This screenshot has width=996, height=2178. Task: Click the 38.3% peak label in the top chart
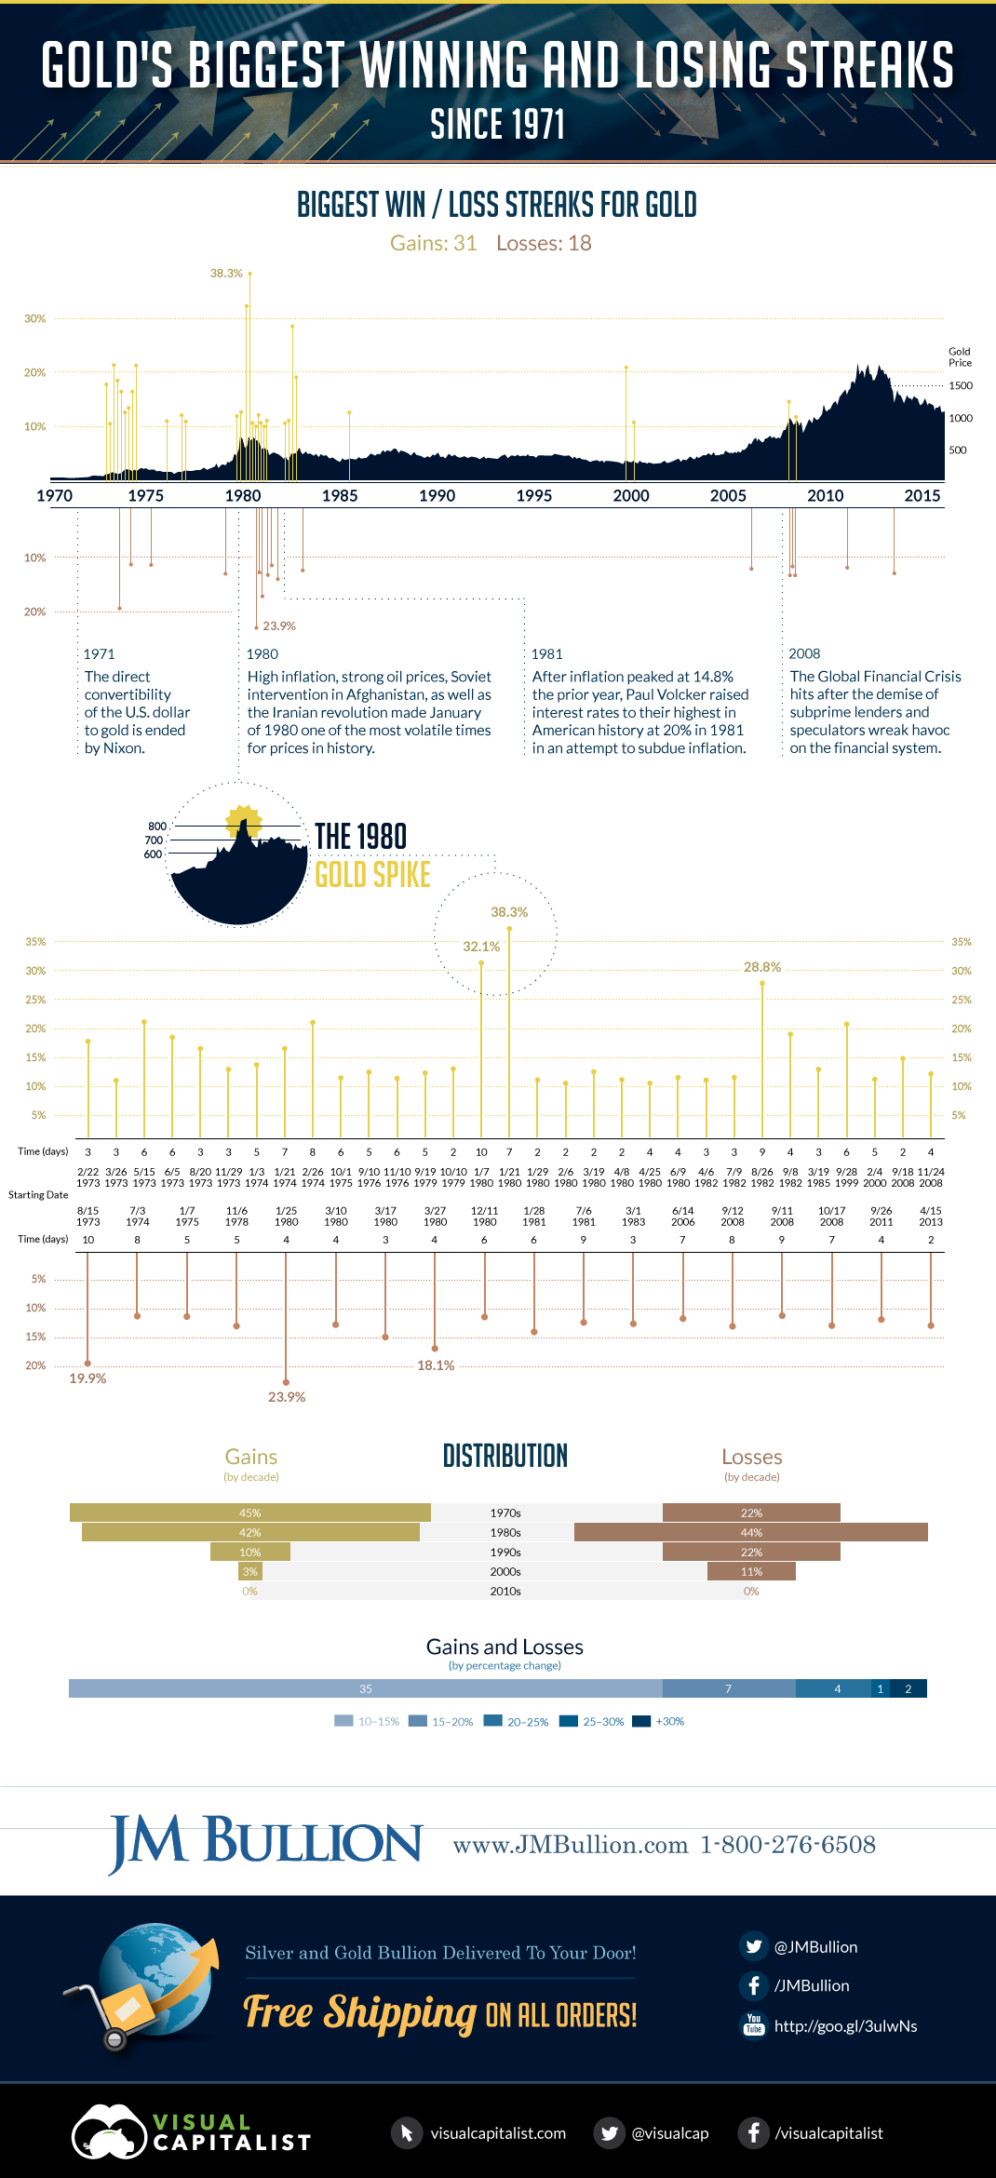coord(226,274)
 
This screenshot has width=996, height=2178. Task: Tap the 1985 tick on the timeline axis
coord(340,496)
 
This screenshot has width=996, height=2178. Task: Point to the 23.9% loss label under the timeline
coord(279,626)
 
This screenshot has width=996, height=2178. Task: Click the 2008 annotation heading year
coord(804,653)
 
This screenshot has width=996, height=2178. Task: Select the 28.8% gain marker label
coord(762,967)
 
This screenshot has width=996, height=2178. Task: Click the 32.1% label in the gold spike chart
coord(481,947)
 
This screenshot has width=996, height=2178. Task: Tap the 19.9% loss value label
coord(87,1378)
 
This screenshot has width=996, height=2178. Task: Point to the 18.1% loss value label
coord(436,1365)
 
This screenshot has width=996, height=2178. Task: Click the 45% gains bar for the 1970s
coord(249,1512)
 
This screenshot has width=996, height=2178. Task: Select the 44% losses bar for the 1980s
coord(751,1532)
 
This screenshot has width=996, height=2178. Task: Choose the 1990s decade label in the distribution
coord(505,1552)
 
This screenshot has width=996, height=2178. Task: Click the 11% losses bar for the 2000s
coord(751,1571)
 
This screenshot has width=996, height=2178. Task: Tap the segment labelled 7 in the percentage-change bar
coord(728,1688)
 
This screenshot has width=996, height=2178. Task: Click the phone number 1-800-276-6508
coord(787,1845)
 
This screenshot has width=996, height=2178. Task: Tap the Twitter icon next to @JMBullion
coord(754,1946)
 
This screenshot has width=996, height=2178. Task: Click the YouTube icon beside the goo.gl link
coord(754,2024)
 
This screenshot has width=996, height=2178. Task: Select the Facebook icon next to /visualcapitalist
coord(753,2132)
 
